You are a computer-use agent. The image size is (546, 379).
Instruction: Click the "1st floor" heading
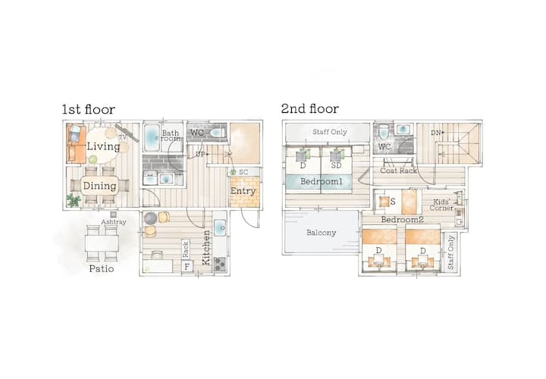point(89,109)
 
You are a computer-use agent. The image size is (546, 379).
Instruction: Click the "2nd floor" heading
point(310,108)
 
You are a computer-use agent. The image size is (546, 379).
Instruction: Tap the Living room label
point(103,146)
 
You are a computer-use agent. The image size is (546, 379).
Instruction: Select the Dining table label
point(99,186)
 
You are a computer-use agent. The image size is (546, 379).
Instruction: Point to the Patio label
point(102,268)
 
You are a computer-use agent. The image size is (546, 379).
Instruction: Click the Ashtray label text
point(114,222)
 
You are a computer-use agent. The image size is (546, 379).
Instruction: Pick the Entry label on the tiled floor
point(243,191)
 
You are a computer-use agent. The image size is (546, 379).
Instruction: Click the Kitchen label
point(206,248)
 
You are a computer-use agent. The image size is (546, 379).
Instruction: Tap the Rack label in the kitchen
point(186,249)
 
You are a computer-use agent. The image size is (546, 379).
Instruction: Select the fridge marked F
point(187,267)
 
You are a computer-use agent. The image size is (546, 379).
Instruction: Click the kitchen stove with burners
point(219,264)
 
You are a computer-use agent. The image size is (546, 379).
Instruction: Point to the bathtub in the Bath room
point(152,137)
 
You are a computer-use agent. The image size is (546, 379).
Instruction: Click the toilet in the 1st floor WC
point(218,133)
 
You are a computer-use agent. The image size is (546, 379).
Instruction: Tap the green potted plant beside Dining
point(74,200)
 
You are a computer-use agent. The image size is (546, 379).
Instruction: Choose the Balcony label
point(321,233)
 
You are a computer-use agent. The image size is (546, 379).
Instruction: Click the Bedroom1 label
point(322,181)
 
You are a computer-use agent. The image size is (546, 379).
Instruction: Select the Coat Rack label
point(398,171)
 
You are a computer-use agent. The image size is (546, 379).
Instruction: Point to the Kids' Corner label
point(441,205)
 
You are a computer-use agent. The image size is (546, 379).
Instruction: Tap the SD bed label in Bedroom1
point(337,166)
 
